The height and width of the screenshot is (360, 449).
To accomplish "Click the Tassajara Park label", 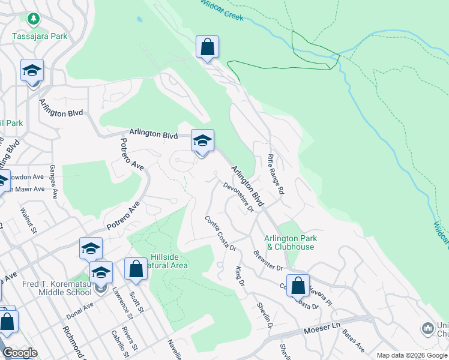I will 40,35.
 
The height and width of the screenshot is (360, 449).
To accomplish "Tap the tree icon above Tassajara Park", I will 34,19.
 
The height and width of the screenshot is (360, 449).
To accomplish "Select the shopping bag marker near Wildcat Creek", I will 207,48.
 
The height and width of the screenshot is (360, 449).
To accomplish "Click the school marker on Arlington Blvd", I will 202,142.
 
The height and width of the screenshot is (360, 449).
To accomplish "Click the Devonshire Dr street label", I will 239,197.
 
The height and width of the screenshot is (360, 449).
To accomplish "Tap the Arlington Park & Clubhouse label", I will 291,242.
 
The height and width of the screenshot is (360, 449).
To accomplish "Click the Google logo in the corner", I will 19,353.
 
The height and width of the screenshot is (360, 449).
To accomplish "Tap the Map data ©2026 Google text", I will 411,355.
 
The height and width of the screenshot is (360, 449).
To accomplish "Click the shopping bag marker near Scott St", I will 136,270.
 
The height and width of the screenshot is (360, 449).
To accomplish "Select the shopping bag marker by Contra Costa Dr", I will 298,286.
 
